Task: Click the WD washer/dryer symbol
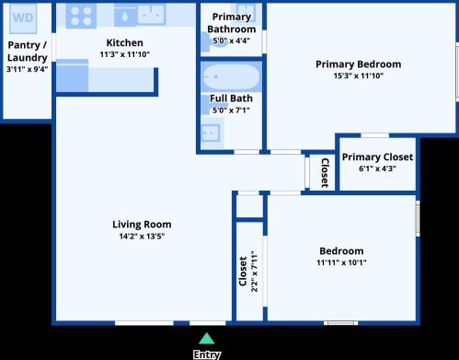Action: (23, 18)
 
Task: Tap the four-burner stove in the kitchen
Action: (81, 16)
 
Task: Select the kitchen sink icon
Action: (152, 14)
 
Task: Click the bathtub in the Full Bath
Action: (232, 76)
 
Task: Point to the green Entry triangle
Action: (207, 339)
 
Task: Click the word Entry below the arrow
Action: (207, 354)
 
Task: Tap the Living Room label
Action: (142, 225)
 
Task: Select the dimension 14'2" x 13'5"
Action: (142, 237)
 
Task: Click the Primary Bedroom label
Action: (359, 64)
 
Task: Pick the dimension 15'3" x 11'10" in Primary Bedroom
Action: (359, 75)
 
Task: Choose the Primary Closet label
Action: (377, 157)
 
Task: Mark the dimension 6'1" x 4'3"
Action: (377, 168)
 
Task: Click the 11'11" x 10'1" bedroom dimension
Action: (341, 262)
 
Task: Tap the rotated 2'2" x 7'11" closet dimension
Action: (255, 272)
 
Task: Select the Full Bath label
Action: (231, 99)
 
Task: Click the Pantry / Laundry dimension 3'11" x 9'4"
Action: (27, 69)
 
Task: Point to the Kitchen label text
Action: (124, 42)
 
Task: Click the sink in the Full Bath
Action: (211, 133)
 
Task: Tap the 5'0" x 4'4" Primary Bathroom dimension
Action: (232, 41)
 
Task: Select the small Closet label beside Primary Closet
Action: (325, 173)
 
